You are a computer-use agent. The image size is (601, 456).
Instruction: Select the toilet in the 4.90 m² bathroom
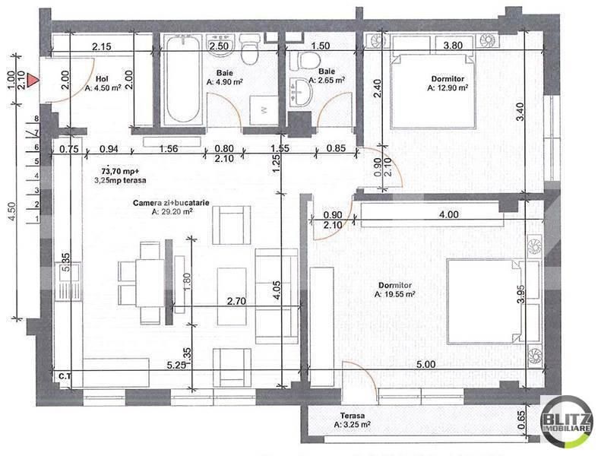(x=248, y=53)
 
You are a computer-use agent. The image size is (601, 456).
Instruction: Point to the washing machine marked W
(x=264, y=109)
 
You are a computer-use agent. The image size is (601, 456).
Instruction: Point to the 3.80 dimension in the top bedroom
(x=453, y=46)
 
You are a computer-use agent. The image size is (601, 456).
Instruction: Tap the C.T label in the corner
(x=65, y=375)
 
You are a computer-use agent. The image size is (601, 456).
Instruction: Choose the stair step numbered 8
(x=35, y=119)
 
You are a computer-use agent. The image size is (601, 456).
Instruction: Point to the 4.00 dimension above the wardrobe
(x=449, y=215)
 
